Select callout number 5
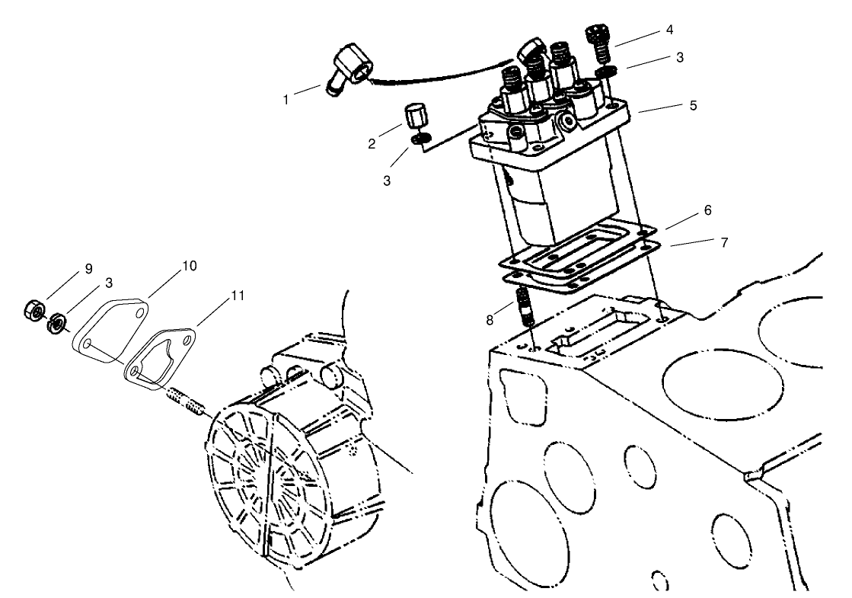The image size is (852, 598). click(x=692, y=105)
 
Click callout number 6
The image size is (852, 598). click(x=707, y=209)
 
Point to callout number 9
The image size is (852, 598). click(x=88, y=268)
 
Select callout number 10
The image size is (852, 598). click(x=189, y=266)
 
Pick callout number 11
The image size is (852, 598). click(x=238, y=296)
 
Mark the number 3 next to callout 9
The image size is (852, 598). click(x=109, y=282)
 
